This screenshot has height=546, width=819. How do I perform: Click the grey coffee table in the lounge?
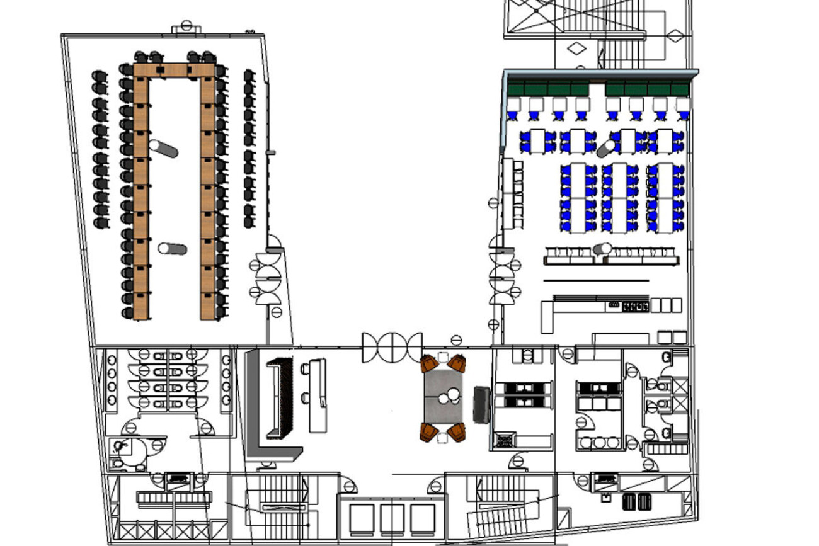pyautogui.click(x=444, y=397)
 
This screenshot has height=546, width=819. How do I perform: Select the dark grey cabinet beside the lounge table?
pyautogui.click(x=481, y=404)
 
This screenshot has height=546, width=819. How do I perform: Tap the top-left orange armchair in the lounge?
pyautogui.click(x=430, y=364)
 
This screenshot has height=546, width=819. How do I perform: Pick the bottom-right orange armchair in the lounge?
pyautogui.click(x=457, y=433)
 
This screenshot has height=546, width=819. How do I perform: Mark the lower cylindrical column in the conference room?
pyautogui.click(x=172, y=248)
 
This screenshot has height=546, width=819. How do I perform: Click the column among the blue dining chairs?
pyautogui.click(x=606, y=149)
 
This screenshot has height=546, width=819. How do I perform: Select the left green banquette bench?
pyautogui.click(x=548, y=89)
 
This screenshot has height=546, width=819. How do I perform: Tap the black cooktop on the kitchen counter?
pyautogui.click(x=636, y=307)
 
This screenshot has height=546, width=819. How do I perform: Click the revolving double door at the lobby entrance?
pyautogui.click(x=391, y=347)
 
